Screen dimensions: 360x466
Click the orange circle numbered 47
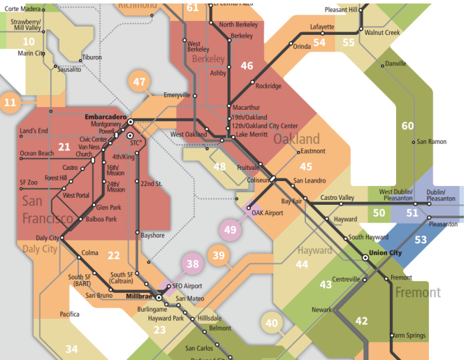(140, 82)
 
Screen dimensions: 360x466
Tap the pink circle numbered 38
(193, 264)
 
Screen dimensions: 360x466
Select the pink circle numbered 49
(231, 229)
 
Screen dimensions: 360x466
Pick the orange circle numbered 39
(219, 256)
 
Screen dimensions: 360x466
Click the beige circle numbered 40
(272, 322)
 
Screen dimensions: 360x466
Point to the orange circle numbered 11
(10, 103)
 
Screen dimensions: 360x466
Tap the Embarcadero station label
(105, 116)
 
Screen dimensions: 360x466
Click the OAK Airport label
(267, 213)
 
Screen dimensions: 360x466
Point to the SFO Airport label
(187, 287)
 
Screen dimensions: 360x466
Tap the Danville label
(395, 64)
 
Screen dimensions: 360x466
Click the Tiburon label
(92, 57)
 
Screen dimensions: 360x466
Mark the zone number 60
(408, 126)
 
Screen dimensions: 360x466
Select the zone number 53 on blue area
(421, 240)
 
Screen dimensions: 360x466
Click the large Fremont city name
(418, 292)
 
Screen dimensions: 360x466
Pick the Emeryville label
(177, 95)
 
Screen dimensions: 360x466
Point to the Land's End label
(34, 131)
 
